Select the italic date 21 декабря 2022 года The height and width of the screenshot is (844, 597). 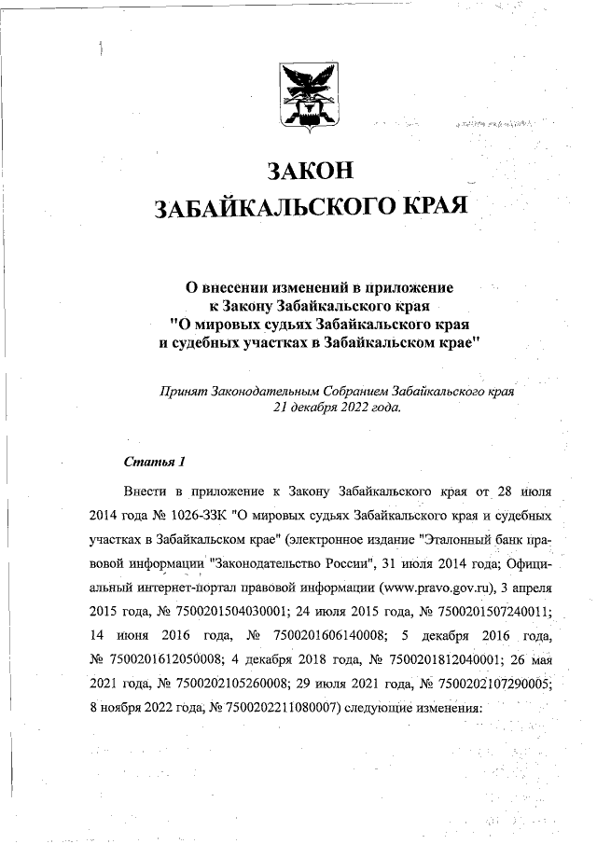click(x=337, y=408)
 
